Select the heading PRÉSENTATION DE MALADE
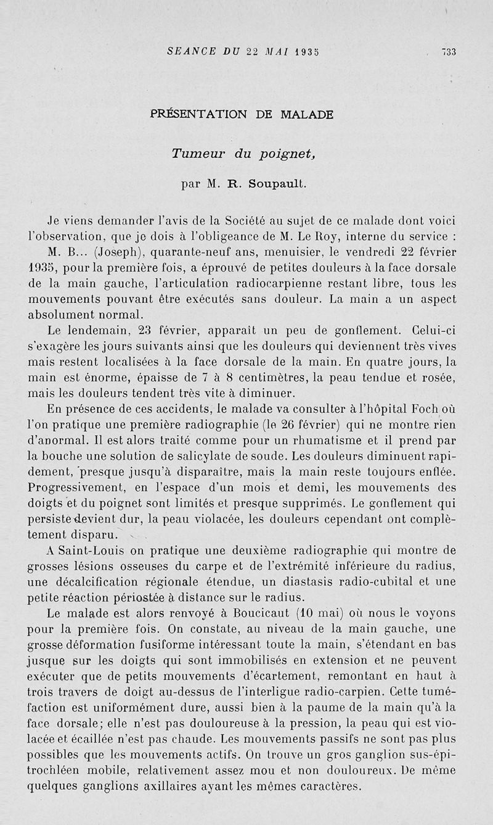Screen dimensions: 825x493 pos(242,115)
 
